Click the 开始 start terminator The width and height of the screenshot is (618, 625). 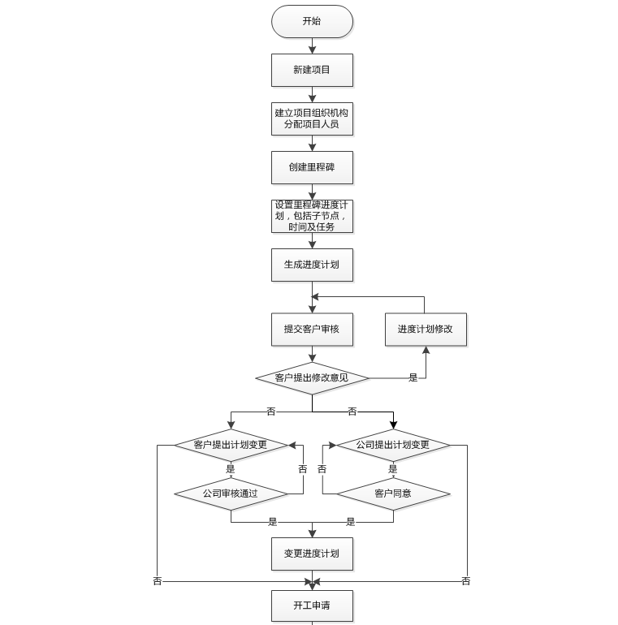[x=312, y=21]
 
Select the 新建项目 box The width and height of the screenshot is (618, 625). [x=312, y=70]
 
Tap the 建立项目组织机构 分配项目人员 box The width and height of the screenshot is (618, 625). [x=312, y=119]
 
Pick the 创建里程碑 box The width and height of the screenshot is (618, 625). [x=312, y=167]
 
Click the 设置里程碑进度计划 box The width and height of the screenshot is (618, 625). [x=312, y=216]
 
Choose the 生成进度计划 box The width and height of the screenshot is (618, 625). [x=312, y=265]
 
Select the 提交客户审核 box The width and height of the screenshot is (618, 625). [x=312, y=329]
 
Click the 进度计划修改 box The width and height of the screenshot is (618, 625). [x=426, y=329]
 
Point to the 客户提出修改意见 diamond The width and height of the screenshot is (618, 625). [x=312, y=378]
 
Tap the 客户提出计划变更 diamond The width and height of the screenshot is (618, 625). [x=231, y=445]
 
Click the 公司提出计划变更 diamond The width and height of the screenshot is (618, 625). [x=393, y=445]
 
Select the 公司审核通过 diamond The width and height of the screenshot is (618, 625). [x=231, y=494]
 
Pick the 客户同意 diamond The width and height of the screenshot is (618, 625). [x=393, y=494]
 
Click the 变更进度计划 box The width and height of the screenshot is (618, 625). [x=312, y=554]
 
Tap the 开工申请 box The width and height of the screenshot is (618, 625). [x=312, y=606]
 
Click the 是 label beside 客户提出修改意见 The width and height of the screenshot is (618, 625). [x=413, y=378]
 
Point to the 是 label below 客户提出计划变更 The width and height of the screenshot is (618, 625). [x=231, y=469]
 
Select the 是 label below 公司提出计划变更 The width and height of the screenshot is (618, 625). [x=393, y=469]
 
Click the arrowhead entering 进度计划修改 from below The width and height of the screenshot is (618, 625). [x=426, y=350]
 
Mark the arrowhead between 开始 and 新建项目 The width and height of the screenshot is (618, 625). [x=312, y=50]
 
